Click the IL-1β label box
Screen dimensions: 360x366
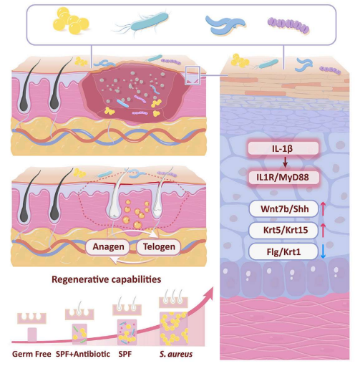[x=283, y=148]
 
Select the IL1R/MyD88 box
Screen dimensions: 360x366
[x=283, y=178]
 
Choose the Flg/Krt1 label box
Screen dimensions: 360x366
[x=283, y=251]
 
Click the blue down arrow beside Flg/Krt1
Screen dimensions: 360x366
[x=323, y=251]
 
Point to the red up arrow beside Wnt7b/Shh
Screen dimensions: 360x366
[x=323, y=209]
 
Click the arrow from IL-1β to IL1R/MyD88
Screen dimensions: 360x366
[x=285, y=163]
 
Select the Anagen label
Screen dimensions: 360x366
[x=108, y=246]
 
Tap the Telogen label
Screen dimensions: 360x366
[x=159, y=246]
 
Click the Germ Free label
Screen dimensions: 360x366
[x=31, y=354]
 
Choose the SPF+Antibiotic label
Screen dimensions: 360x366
[x=83, y=354]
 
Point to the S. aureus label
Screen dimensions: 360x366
[x=176, y=354]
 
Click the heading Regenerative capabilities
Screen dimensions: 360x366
[x=107, y=279]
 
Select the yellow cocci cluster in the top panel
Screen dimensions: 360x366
[x=71, y=21]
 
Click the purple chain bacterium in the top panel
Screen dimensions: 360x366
[x=288, y=25]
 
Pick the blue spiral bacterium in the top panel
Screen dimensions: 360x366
[x=225, y=24]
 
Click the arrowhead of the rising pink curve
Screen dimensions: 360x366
[x=209, y=291]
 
